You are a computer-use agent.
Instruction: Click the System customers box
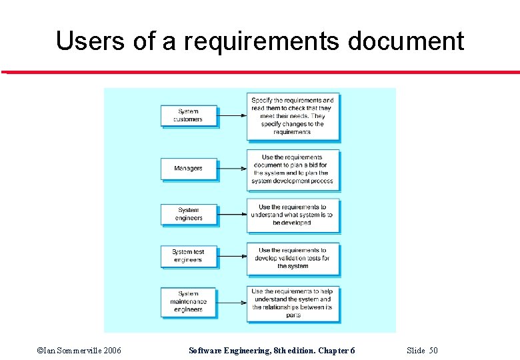tap(189, 115)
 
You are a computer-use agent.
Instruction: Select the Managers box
tap(189, 169)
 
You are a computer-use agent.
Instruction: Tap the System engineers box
tap(189, 214)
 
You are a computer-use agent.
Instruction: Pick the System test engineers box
tap(189, 256)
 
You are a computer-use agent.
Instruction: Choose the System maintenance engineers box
tap(189, 301)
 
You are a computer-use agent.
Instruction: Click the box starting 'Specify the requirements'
tap(292, 116)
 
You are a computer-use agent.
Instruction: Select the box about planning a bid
tap(292, 169)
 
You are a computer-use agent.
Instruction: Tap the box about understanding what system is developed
tap(292, 215)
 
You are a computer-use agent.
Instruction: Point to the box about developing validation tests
tap(292, 258)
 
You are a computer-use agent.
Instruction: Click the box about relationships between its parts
tap(292, 303)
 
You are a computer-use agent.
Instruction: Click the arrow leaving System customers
tap(231, 115)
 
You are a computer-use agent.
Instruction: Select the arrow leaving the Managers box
tap(231, 169)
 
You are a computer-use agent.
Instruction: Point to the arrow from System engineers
tap(231, 215)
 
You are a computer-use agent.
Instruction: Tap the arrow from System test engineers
tap(231, 257)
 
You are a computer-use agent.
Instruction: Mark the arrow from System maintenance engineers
tap(231, 303)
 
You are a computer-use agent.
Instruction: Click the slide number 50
tap(433, 351)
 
